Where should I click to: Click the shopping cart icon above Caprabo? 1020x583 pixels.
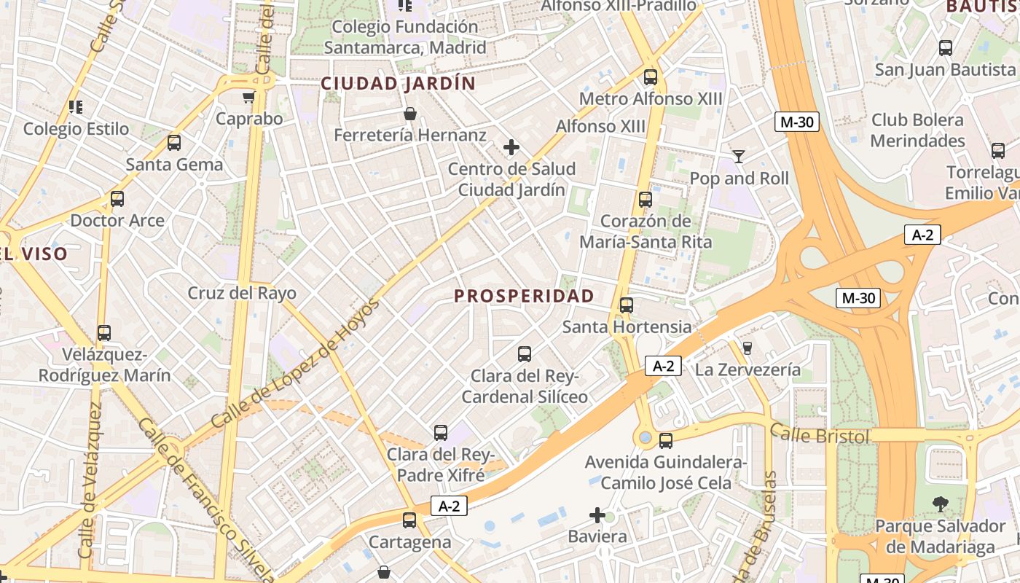[249, 97]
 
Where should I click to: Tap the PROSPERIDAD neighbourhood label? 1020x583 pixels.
[524, 296]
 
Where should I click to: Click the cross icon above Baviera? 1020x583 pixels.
[597, 516]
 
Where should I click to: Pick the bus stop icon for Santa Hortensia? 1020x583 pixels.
[626, 305]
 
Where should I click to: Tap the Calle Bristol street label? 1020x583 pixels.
[820, 435]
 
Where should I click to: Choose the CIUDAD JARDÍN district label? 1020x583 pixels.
[398, 84]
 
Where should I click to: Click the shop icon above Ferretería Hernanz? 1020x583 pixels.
[409, 114]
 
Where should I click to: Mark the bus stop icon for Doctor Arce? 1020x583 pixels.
[117, 199]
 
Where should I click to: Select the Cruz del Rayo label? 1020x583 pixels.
[242, 293]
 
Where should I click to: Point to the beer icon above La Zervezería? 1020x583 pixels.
[746, 348]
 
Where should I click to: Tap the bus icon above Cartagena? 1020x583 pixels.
[409, 520]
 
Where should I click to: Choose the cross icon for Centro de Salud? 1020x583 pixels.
[511, 148]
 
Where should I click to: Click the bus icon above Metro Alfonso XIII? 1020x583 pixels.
[650, 77]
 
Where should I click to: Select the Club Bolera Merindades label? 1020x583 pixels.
[917, 130]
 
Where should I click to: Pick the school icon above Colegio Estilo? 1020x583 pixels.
[76, 107]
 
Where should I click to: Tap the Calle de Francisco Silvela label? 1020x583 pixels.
[206, 503]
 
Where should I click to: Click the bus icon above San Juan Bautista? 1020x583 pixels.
[946, 48]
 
